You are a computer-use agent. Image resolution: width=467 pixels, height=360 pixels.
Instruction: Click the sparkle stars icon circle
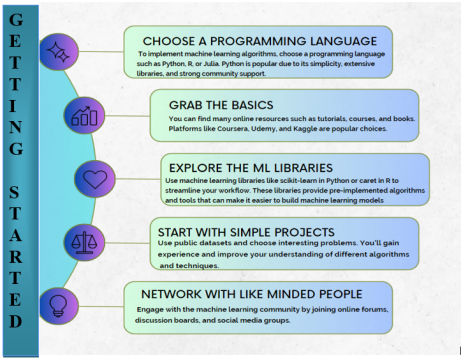tap(59, 52)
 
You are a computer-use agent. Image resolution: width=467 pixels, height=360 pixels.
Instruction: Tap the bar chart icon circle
tap(84, 115)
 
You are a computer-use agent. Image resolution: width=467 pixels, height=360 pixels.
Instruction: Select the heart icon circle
tap(95, 179)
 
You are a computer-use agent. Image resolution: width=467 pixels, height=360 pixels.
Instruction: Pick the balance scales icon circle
tap(84, 242)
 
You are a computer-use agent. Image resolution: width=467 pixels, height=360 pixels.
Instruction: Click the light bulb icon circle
tap(59, 306)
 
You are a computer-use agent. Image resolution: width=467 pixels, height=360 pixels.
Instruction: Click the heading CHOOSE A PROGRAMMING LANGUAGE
tap(260, 41)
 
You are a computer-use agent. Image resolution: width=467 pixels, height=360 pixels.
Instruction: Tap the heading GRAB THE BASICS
tap(221, 105)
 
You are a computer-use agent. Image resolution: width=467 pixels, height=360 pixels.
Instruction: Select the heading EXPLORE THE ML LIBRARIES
tap(251, 168)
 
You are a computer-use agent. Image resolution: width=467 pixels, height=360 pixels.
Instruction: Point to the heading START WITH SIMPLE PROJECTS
tap(246, 232)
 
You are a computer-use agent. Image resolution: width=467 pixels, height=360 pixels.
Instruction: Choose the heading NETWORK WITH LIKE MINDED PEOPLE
tap(252, 294)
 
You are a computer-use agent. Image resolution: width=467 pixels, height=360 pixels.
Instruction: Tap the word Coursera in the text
tap(233, 129)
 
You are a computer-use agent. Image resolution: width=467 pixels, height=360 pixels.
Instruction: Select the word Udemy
tap(263, 129)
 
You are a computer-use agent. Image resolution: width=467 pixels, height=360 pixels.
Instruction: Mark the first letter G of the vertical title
tap(16, 20)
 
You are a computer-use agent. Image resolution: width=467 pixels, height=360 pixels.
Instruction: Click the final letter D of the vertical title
tap(16, 321)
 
